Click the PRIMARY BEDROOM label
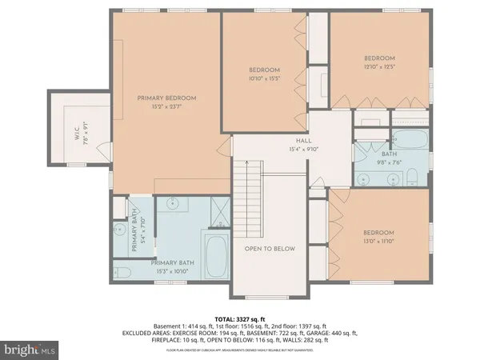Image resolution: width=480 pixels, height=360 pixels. pos(166,98)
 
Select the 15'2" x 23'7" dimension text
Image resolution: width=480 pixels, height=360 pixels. pos(166,106)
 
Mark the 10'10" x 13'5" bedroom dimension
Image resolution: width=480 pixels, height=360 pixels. pos(265,79)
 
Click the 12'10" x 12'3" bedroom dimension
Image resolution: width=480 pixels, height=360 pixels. pos(379,66)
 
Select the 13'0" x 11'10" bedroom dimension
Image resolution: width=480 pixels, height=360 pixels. pos(380,241)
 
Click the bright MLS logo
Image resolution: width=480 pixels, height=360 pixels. pos(29,350)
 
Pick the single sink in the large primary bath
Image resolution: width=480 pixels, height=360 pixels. pos(174,206)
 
